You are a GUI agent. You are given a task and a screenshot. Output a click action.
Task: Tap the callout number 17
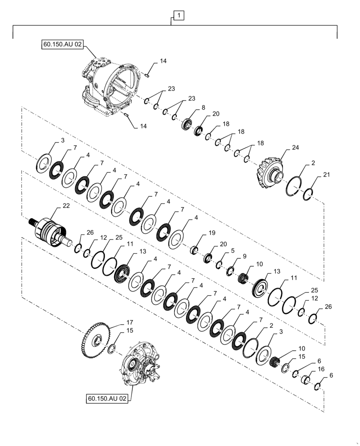117,322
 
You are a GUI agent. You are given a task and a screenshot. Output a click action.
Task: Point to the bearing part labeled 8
186,124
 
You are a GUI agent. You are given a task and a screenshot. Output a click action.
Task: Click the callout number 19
211,233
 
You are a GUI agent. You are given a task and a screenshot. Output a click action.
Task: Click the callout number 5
232,251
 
